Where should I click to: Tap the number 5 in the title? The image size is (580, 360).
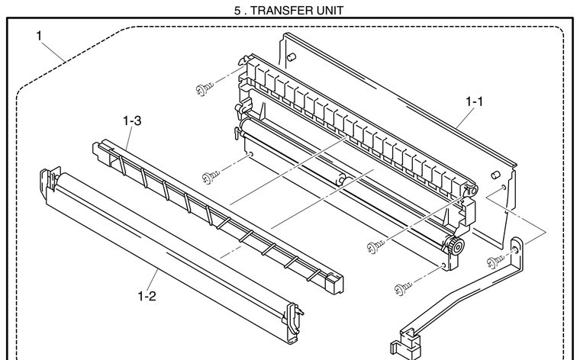click(x=237, y=11)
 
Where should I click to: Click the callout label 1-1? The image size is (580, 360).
click(x=474, y=101)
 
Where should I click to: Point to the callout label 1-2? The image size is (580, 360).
click(x=147, y=296)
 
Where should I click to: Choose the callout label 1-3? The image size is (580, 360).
click(x=132, y=121)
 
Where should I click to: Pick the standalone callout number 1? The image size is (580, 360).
click(x=39, y=36)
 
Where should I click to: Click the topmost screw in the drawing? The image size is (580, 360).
click(x=205, y=88)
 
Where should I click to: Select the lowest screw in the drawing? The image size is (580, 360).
click(x=403, y=288)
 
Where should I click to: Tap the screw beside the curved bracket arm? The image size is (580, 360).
click(x=495, y=262)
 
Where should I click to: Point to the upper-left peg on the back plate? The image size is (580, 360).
click(x=291, y=56)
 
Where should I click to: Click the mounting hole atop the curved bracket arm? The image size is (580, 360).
click(x=516, y=251)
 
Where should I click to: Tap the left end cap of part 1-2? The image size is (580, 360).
click(x=50, y=180)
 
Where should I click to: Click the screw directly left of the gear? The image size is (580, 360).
click(x=375, y=246)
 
